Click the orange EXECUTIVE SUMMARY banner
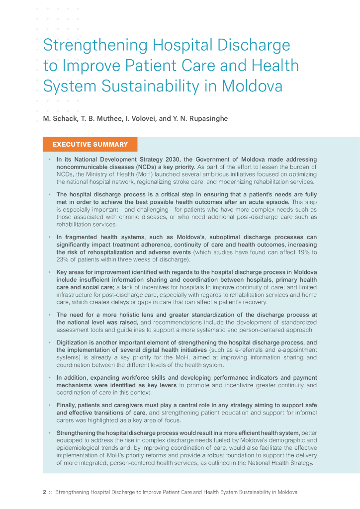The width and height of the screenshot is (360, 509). coord(90,145)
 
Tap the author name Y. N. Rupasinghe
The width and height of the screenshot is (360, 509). coord(199,119)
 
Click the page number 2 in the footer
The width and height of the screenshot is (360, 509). coord(44,492)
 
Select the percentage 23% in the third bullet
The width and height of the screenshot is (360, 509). coord(63,259)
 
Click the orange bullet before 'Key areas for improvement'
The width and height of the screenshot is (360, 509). coord(50,272)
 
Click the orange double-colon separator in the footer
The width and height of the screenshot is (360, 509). coord(50,492)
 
